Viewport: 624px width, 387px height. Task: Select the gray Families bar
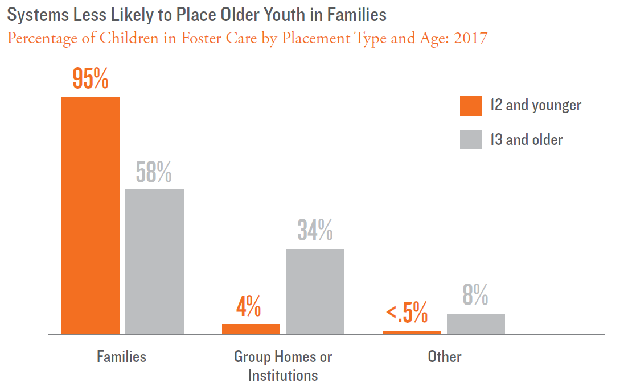[x=154, y=261]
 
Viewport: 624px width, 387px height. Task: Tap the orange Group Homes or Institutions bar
[x=251, y=329]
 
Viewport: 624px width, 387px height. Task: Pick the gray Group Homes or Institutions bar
[x=315, y=291]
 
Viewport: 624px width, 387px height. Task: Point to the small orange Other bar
[x=412, y=332]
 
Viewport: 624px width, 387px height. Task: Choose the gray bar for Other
[x=475, y=324]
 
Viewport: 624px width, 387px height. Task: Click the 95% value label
[x=91, y=79]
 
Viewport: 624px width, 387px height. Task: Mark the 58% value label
[x=154, y=173]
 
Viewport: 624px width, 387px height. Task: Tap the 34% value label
[x=315, y=230]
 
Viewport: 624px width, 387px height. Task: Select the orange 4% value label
[x=249, y=307]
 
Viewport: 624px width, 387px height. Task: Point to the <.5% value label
[x=407, y=313]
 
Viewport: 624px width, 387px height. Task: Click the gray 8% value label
[x=475, y=296]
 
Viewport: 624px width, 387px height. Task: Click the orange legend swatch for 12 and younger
[x=471, y=106]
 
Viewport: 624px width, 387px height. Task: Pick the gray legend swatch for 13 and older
[x=471, y=139]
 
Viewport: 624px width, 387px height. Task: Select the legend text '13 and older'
[x=527, y=139]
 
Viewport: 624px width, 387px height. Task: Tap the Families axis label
[x=121, y=356]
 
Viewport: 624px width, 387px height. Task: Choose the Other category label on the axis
[x=445, y=356]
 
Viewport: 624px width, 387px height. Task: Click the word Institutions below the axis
[x=283, y=375]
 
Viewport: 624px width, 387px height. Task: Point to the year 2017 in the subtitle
[x=470, y=39]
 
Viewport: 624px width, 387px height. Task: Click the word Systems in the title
[x=35, y=15]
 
